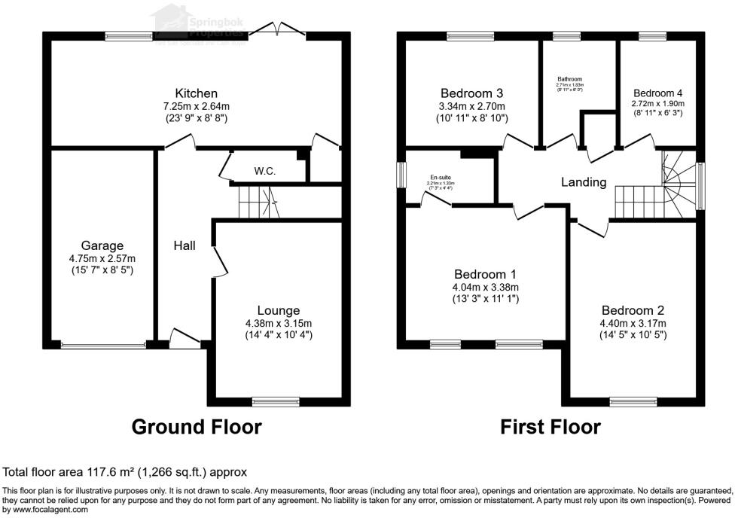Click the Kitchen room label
[197, 93]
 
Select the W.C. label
[264, 171]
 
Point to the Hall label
[185, 245]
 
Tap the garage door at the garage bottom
[103, 346]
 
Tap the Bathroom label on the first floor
[569, 79]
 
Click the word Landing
[584, 182]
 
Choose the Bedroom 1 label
[486, 274]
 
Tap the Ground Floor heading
[197, 427]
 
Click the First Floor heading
[550, 427]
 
